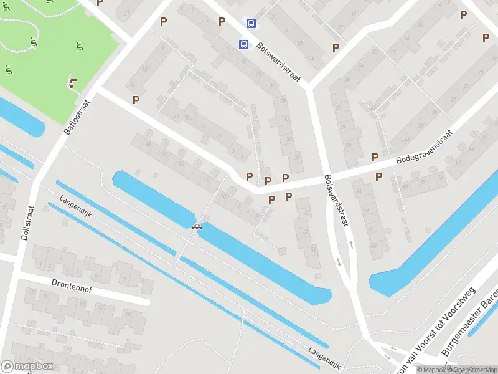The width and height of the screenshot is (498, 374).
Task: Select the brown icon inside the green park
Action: pos(73,83)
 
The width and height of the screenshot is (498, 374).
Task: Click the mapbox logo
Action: pos(28,366)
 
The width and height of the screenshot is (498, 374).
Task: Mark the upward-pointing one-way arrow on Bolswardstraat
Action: pos(352,244)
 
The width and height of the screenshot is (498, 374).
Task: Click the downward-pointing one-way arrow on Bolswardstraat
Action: pos(339,261)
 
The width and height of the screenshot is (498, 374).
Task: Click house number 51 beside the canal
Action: pos(312,251)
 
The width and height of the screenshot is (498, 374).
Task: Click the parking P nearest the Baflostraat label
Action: pos(136,99)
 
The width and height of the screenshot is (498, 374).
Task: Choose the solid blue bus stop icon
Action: pos(243,44)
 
